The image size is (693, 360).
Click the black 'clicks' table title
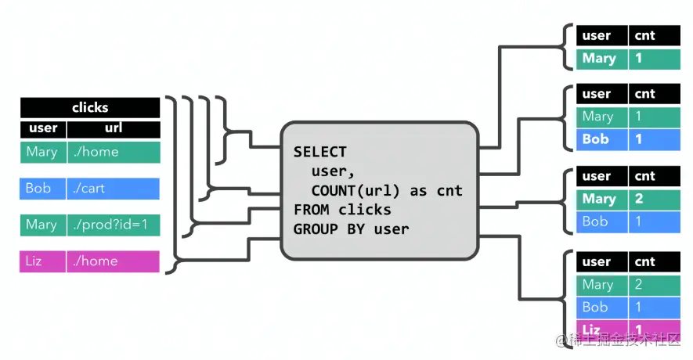pos(90,107)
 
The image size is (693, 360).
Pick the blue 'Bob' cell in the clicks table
pos(38,189)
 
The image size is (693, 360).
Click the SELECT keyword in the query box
pos(319,152)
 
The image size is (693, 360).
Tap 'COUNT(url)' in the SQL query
pos(352,191)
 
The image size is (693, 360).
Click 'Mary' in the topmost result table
pos(599,59)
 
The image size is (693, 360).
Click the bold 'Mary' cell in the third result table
pos(599,199)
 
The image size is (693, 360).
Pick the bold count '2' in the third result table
pos(639,199)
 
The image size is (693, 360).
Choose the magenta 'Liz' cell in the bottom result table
pos(592,329)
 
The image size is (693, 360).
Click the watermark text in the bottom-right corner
pos(623,342)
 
